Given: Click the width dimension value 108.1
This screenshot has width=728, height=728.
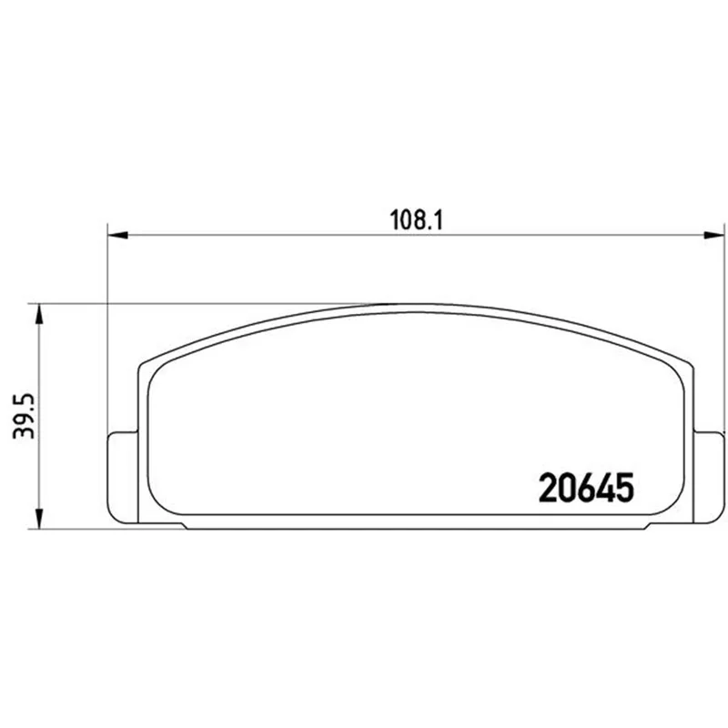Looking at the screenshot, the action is pos(417,220).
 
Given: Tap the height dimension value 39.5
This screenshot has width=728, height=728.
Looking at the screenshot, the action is pos(25,416).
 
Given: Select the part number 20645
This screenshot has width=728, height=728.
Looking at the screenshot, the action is pos(586,488).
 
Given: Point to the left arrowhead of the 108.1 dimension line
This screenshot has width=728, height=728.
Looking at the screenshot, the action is pos(117,235).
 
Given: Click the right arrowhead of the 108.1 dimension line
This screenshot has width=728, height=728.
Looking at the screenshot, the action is pos(714,235).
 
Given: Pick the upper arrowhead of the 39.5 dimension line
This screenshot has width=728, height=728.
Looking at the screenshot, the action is pos(39,314).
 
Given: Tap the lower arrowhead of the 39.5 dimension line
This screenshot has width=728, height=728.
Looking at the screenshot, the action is pos(39,519).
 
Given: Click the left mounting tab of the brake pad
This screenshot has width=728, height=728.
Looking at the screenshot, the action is pos(123,477).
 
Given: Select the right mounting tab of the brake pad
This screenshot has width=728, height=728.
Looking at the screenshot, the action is pos(709,477).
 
